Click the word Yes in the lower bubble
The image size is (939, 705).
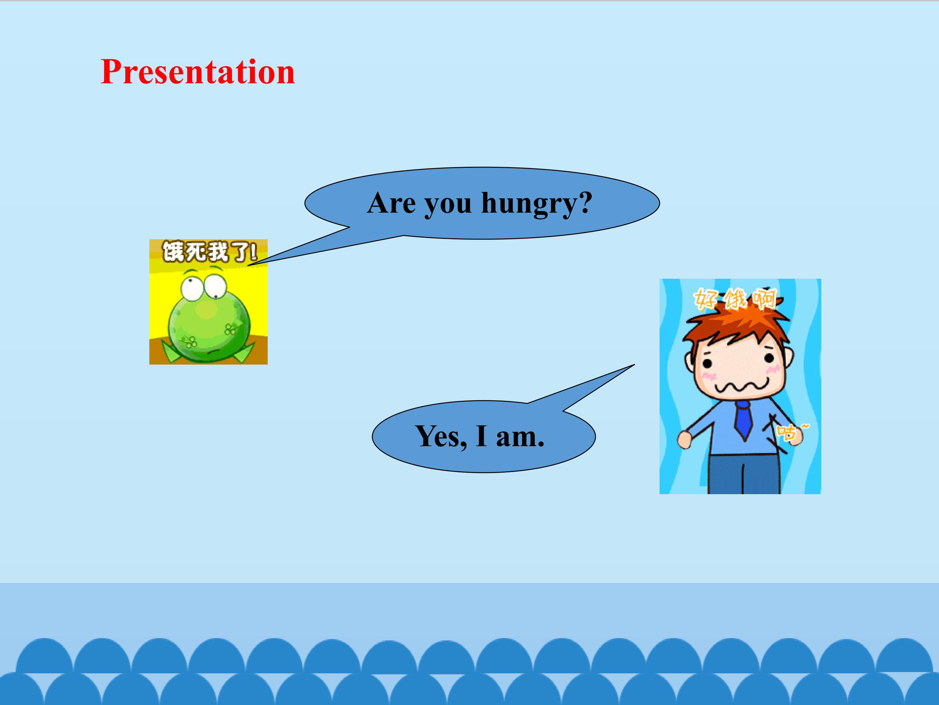(441, 436)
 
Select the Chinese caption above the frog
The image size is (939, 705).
(209, 252)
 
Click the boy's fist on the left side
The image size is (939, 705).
(684, 439)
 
